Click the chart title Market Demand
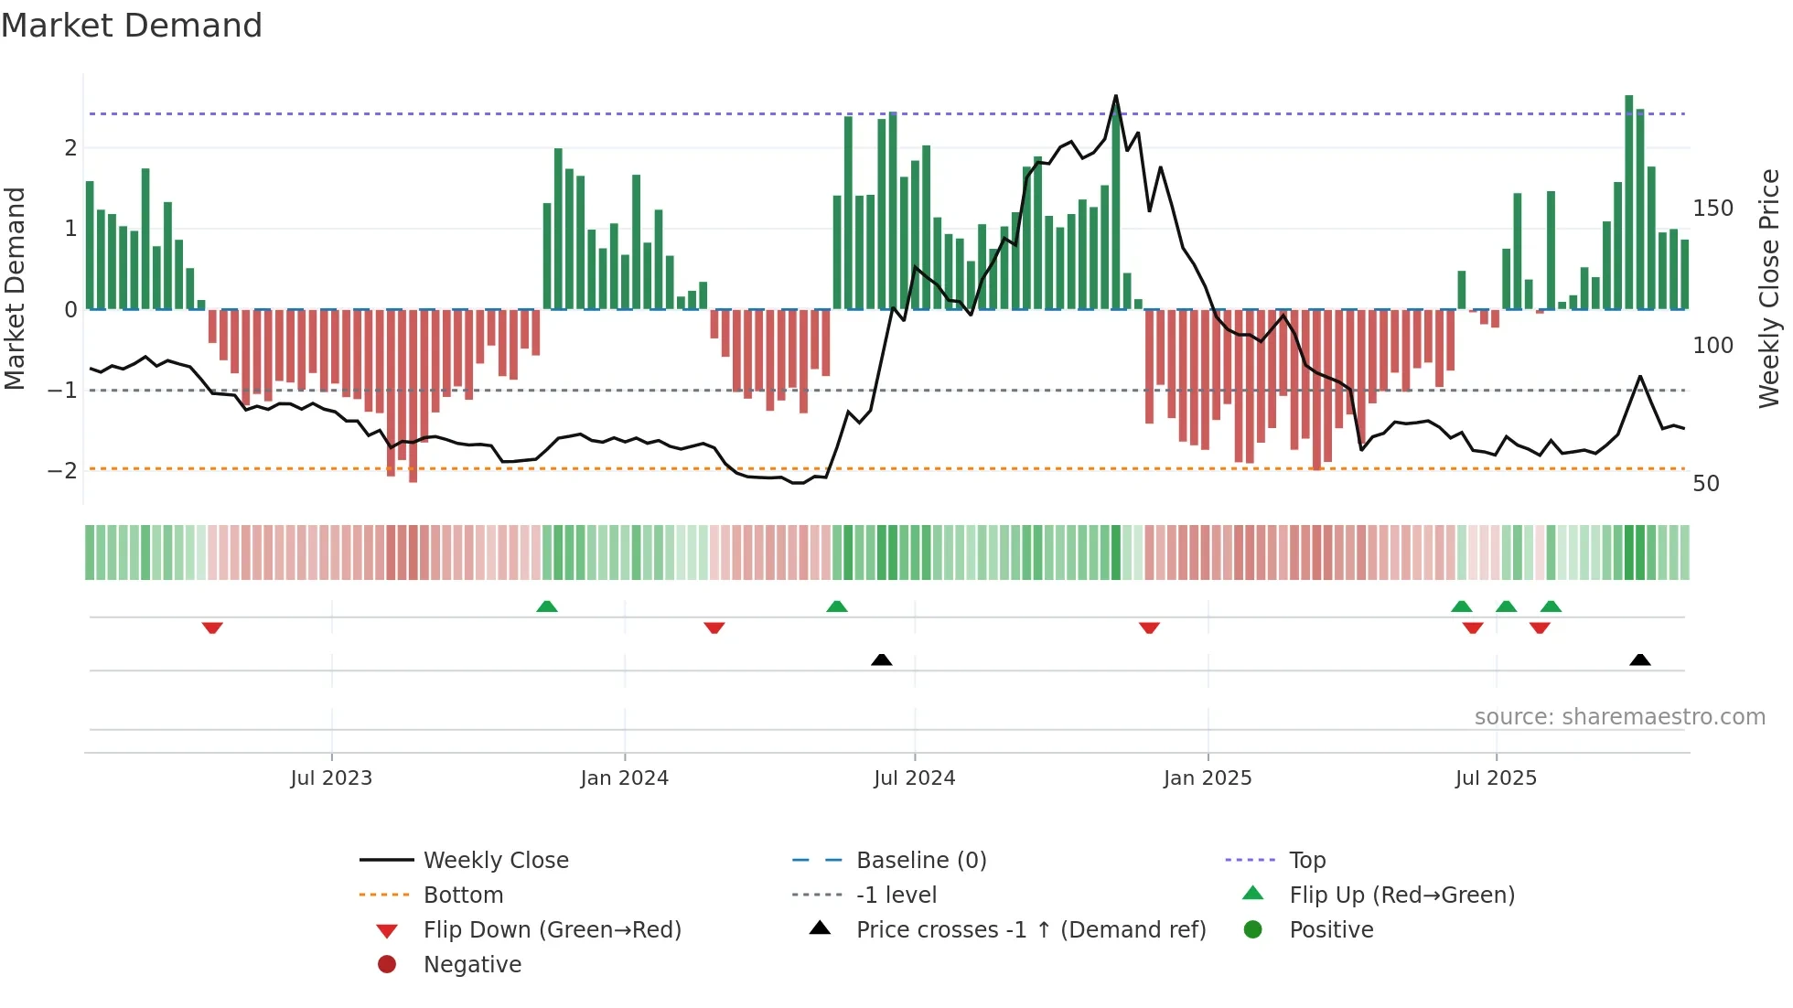[132, 26]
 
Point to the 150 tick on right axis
[1712, 209]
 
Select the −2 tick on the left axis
[63, 471]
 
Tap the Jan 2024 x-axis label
[624, 778]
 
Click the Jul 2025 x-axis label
[1496, 778]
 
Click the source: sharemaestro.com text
[1619, 717]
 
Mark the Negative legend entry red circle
[387, 965]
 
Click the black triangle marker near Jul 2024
[882, 659]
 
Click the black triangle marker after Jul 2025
[1640, 659]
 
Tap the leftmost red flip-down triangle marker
[212, 627]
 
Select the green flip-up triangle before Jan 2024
[547, 606]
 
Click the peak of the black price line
[1115, 96]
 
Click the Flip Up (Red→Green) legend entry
[1401, 895]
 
